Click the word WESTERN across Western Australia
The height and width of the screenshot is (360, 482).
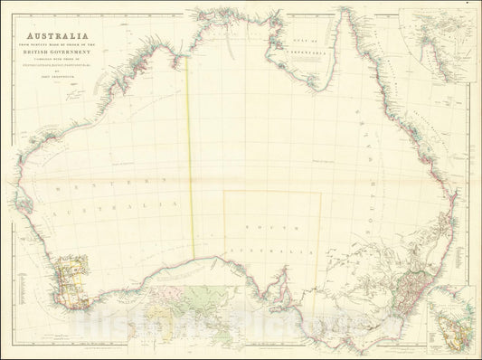(x=90, y=188)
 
